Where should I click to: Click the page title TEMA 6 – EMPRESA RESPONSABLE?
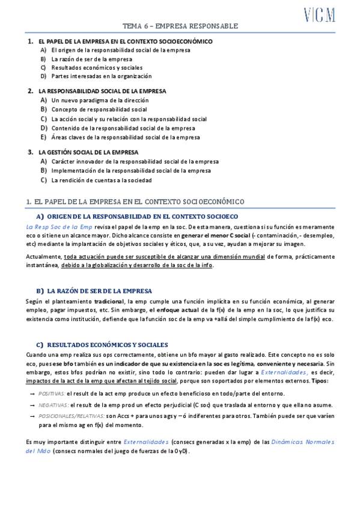click(x=180, y=26)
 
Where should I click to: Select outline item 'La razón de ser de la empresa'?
click(x=91, y=60)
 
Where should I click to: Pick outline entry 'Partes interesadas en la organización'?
click(x=101, y=76)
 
